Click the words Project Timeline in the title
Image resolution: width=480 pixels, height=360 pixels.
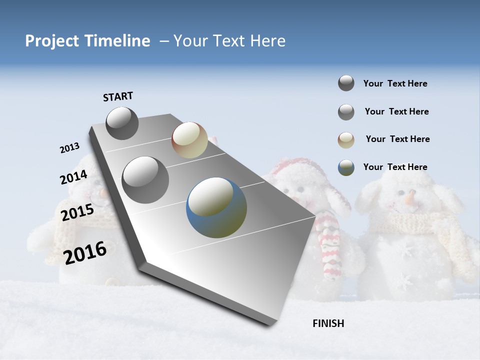(x=87, y=41)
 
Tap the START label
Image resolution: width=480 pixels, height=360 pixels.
(x=118, y=96)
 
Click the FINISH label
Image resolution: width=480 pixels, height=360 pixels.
(x=328, y=323)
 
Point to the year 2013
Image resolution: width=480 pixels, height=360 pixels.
(x=69, y=148)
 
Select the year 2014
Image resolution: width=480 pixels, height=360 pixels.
(x=73, y=177)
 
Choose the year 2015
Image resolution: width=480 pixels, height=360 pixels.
(x=77, y=212)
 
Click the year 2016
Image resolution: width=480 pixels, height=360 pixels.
(x=85, y=252)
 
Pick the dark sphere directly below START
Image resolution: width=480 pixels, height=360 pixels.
(x=122, y=123)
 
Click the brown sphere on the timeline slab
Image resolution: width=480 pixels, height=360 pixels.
(x=189, y=140)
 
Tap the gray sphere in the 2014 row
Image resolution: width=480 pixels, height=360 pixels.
(x=145, y=179)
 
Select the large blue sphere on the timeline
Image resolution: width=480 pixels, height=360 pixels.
(x=216, y=207)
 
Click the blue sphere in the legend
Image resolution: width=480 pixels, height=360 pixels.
(x=346, y=167)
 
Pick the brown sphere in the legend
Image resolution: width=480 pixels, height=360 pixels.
(x=346, y=140)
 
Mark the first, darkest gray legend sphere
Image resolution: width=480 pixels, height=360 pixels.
(x=346, y=83)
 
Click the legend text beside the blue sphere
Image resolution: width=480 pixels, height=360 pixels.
(x=395, y=167)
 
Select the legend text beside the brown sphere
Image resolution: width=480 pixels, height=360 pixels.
(x=397, y=139)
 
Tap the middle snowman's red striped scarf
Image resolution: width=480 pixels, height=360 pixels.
(x=330, y=245)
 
